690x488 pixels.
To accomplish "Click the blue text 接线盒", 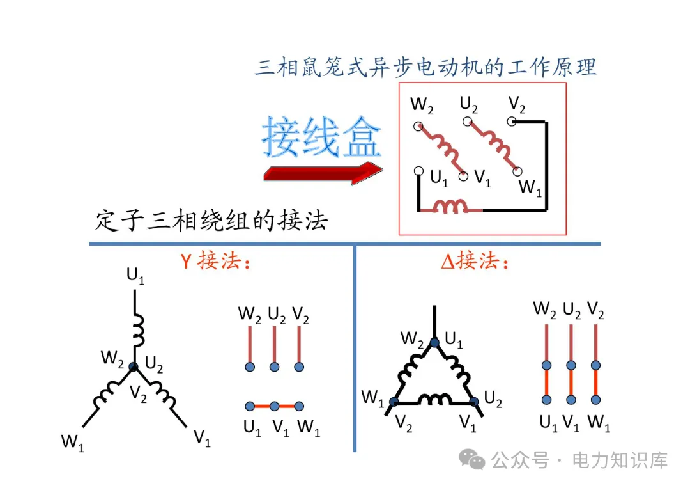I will coord(321,137).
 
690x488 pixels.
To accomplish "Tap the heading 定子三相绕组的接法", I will coord(211,221).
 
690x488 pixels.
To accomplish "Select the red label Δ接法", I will coord(476,262).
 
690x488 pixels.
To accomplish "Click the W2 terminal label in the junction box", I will coord(422,106).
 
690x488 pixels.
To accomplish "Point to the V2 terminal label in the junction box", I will coord(517,104).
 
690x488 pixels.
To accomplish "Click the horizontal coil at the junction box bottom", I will coord(451,206).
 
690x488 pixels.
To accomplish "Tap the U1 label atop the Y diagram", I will coord(135,277).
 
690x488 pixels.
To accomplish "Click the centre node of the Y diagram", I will coord(134,366).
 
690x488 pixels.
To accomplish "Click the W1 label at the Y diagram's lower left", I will coord(73,441).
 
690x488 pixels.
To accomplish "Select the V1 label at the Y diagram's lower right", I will coord(202,438).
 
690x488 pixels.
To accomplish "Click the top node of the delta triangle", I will coord(434,342).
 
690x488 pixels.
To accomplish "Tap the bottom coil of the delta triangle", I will coord(434,400).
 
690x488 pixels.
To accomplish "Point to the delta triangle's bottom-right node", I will coord(474,402).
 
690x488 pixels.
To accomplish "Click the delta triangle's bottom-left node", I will coord(394,402).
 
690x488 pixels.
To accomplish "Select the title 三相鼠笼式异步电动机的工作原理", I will coord(425,67).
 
